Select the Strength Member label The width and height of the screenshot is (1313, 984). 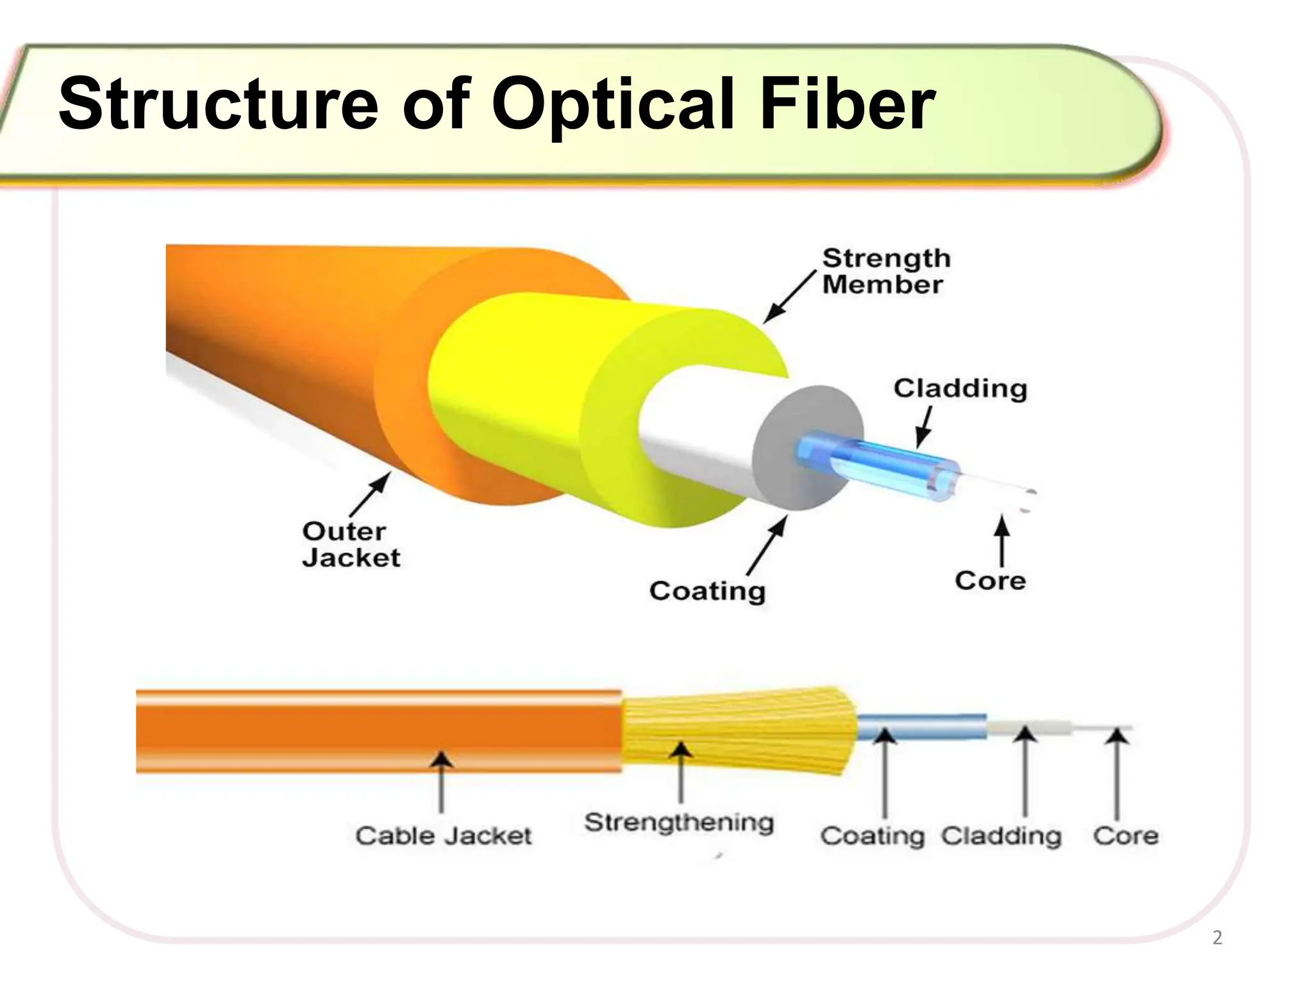(x=886, y=271)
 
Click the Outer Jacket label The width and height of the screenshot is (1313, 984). (x=351, y=545)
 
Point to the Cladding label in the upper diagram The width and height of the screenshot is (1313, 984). (x=960, y=389)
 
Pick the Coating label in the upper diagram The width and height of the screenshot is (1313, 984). (x=707, y=591)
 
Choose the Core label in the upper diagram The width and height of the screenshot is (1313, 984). (x=991, y=580)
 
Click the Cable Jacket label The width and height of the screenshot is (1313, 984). (x=444, y=835)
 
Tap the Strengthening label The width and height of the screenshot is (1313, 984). (x=679, y=823)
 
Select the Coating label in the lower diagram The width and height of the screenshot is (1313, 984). (x=872, y=836)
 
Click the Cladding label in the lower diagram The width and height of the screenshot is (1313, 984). (x=1001, y=836)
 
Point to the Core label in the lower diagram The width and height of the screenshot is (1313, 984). (x=1126, y=835)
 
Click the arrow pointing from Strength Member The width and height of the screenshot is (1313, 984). (x=789, y=297)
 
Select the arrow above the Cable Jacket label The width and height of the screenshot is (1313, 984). (x=440, y=783)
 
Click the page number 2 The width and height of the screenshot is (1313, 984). (x=1217, y=939)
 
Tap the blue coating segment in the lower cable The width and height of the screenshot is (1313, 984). (x=922, y=727)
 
